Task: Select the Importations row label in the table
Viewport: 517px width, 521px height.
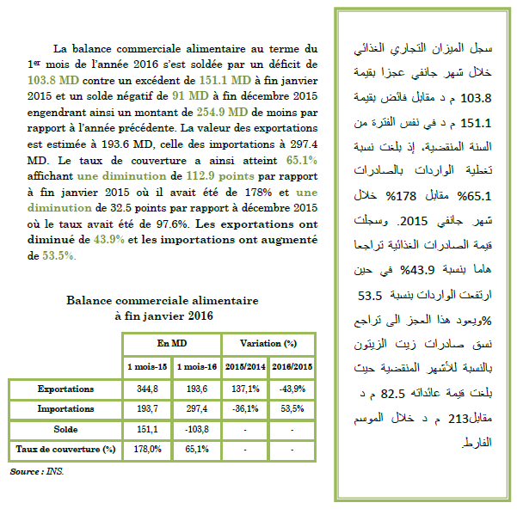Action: click(65, 408)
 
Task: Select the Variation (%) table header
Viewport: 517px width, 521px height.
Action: click(267, 342)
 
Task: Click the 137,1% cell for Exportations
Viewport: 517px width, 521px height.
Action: click(244, 389)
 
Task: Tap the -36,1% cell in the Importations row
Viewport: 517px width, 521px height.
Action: click(244, 408)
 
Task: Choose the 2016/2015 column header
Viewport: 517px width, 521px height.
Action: click(292, 367)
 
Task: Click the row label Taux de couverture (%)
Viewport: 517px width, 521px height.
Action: click(65, 448)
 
